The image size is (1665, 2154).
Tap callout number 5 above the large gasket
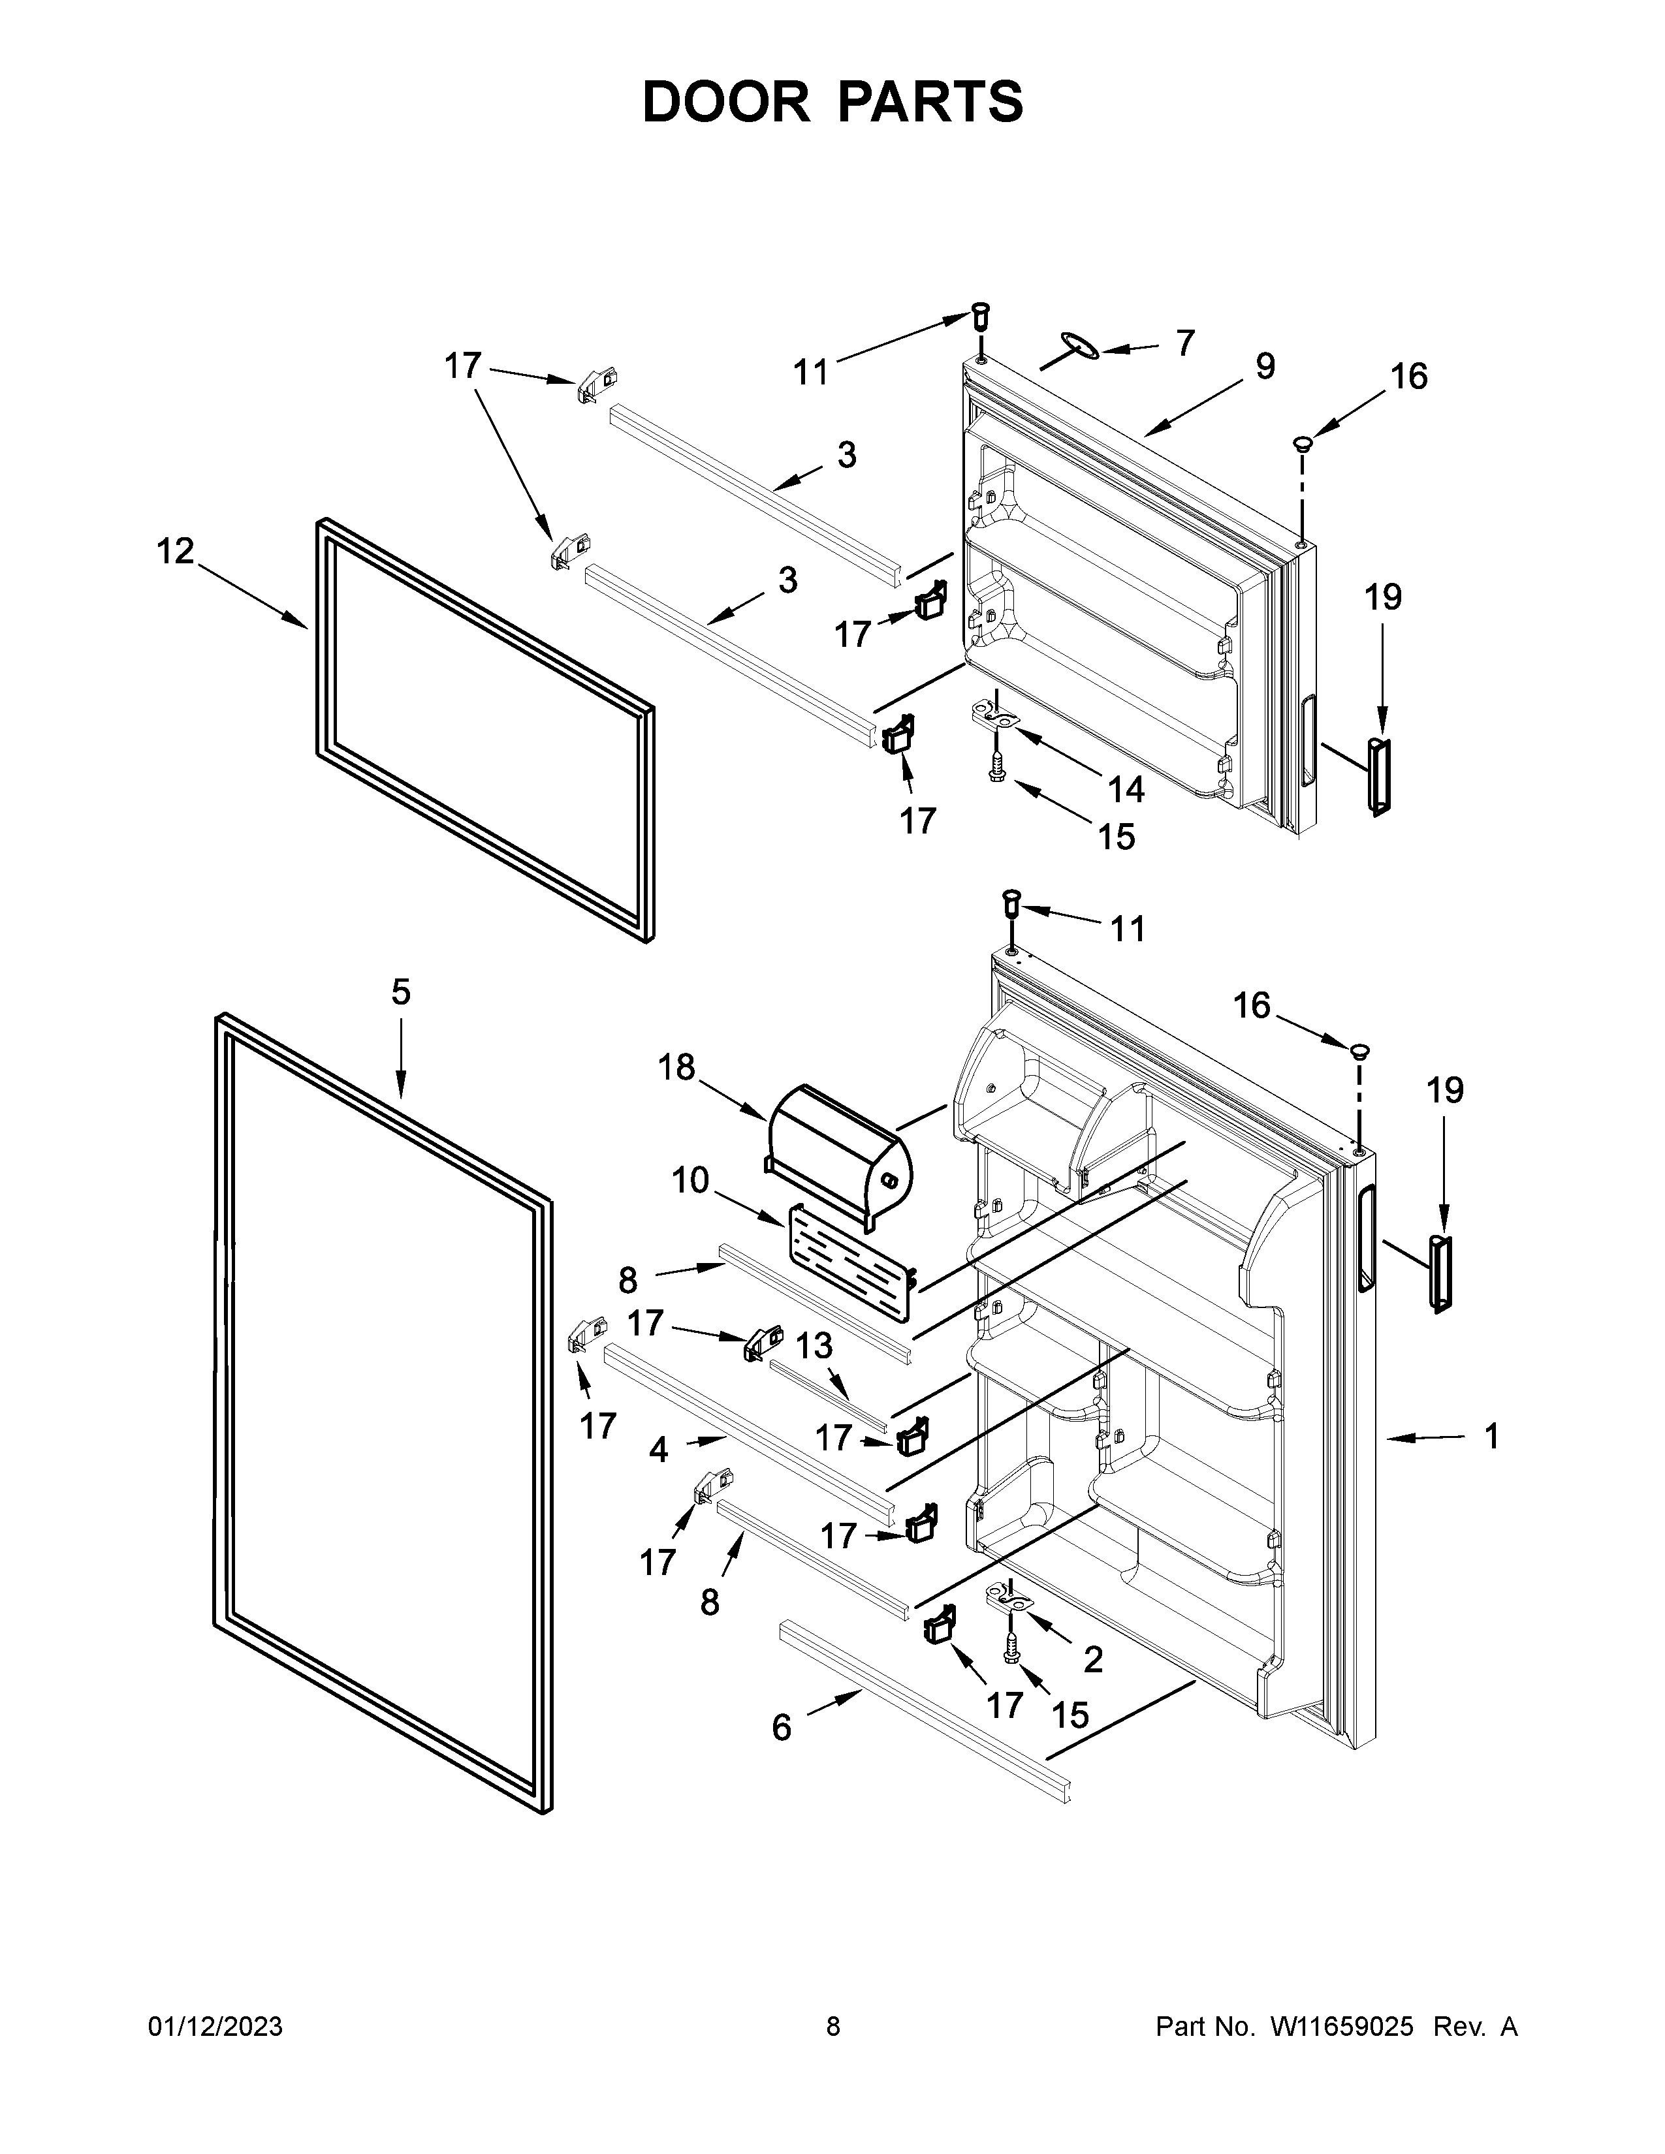(x=400, y=992)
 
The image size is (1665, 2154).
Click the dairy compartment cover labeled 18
(x=838, y=1144)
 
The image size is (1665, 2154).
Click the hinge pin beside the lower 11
(x=1011, y=901)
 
